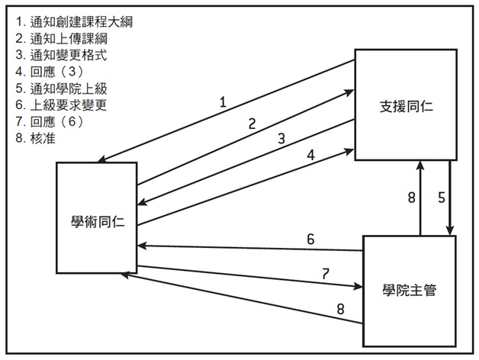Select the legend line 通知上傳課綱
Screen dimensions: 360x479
tap(58, 38)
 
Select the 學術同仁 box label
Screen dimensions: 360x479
tap(96, 222)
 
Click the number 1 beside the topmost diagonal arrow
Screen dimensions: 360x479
tap(223, 101)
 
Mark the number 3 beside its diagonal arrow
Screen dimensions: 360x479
tap(281, 139)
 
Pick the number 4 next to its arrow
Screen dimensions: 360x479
tap(311, 155)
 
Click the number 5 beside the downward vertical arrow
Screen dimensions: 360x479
tap(442, 198)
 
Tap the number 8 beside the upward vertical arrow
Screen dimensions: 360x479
tap(411, 198)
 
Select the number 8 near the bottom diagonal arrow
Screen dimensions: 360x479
tap(341, 309)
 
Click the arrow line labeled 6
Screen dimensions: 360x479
tap(252, 248)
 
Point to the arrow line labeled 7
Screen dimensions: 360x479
tap(252, 277)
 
